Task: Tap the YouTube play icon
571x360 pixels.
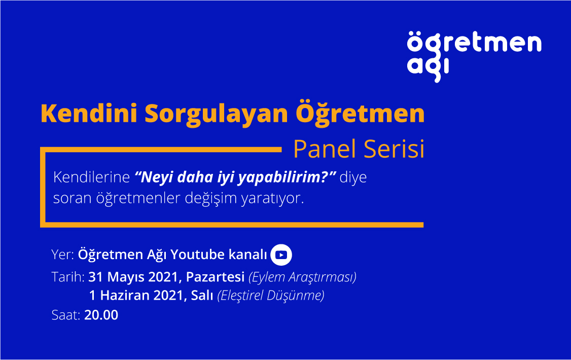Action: click(x=281, y=255)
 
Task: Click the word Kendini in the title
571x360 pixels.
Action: click(x=89, y=113)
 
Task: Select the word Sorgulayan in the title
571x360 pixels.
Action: click(x=217, y=114)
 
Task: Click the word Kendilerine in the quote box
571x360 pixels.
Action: click(x=91, y=177)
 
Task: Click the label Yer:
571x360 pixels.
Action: click(x=63, y=255)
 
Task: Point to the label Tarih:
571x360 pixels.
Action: click(x=68, y=277)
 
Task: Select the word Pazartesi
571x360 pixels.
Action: click(x=215, y=277)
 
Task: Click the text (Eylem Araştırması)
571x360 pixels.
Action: click(x=302, y=277)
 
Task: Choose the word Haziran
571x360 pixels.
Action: click(x=125, y=295)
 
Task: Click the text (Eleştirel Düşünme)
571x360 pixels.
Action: click(x=271, y=296)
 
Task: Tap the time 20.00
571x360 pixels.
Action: click(x=101, y=315)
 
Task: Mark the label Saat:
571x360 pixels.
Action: click(x=66, y=315)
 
